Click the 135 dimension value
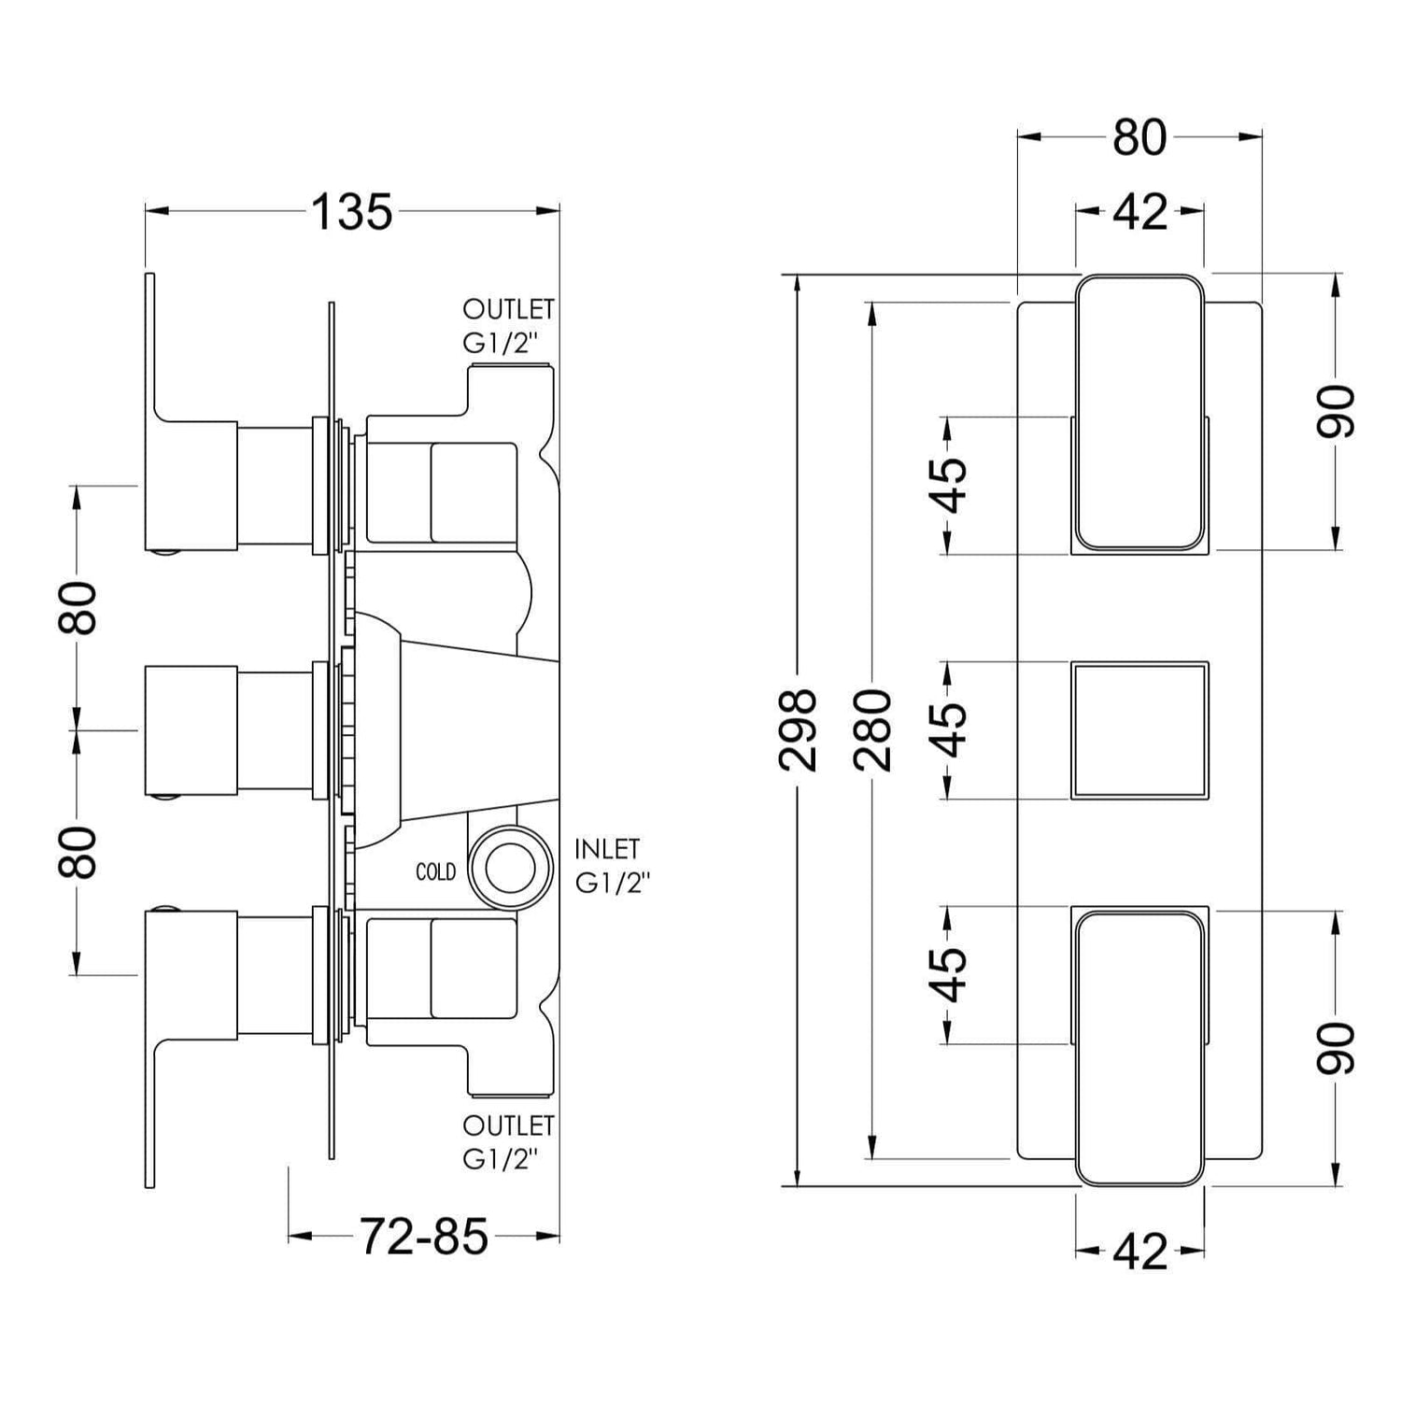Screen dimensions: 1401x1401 click(351, 212)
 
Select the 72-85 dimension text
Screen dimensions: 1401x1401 click(424, 1237)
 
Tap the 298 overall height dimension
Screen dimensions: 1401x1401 click(798, 730)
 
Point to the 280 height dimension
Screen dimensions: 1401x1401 click(872, 730)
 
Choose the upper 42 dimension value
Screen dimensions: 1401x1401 click(1140, 213)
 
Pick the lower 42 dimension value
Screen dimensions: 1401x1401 click(1140, 1252)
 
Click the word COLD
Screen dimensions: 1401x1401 click(435, 871)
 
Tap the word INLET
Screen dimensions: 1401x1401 click(607, 849)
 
